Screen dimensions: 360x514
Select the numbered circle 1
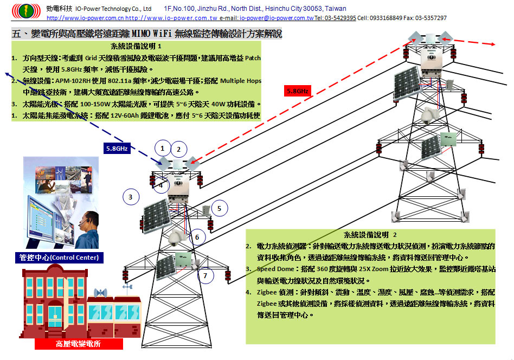click(x=162, y=147)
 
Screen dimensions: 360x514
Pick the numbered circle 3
click(x=130, y=197)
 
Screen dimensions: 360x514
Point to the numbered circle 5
click(x=219, y=208)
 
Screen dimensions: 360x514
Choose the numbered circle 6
click(x=197, y=237)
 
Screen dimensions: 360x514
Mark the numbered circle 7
click(x=205, y=275)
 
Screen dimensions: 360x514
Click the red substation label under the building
click(x=79, y=344)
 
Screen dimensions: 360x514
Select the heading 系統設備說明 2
click(x=370, y=235)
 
